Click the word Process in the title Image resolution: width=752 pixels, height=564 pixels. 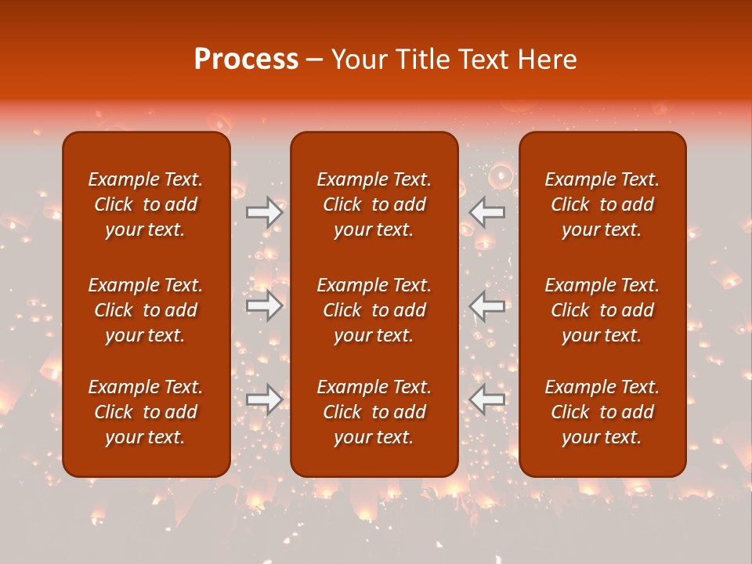(x=246, y=60)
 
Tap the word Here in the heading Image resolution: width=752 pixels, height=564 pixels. (x=547, y=60)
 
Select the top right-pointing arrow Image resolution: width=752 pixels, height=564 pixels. (x=265, y=212)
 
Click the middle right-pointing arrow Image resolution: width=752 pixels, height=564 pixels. (x=265, y=305)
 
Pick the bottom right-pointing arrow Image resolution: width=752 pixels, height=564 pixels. (x=265, y=399)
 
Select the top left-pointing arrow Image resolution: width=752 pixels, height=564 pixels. (x=487, y=212)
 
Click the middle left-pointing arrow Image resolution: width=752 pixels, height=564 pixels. (x=487, y=305)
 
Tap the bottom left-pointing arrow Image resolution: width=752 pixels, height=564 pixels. (x=487, y=399)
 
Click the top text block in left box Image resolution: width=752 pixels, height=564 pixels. (x=146, y=204)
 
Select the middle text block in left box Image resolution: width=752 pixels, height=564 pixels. (x=146, y=310)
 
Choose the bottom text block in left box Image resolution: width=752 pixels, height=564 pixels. (x=146, y=412)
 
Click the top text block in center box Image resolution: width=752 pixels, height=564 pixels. (x=374, y=204)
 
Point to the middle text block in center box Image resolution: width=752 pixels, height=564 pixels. (x=374, y=310)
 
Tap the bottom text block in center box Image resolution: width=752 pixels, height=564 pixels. (x=374, y=412)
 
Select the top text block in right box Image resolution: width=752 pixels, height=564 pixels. (x=602, y=204)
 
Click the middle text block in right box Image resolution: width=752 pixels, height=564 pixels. (x=602, y=310)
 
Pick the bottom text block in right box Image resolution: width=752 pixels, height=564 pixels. (x=602, y=412)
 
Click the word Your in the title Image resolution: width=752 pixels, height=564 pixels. (x=358, y=60)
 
